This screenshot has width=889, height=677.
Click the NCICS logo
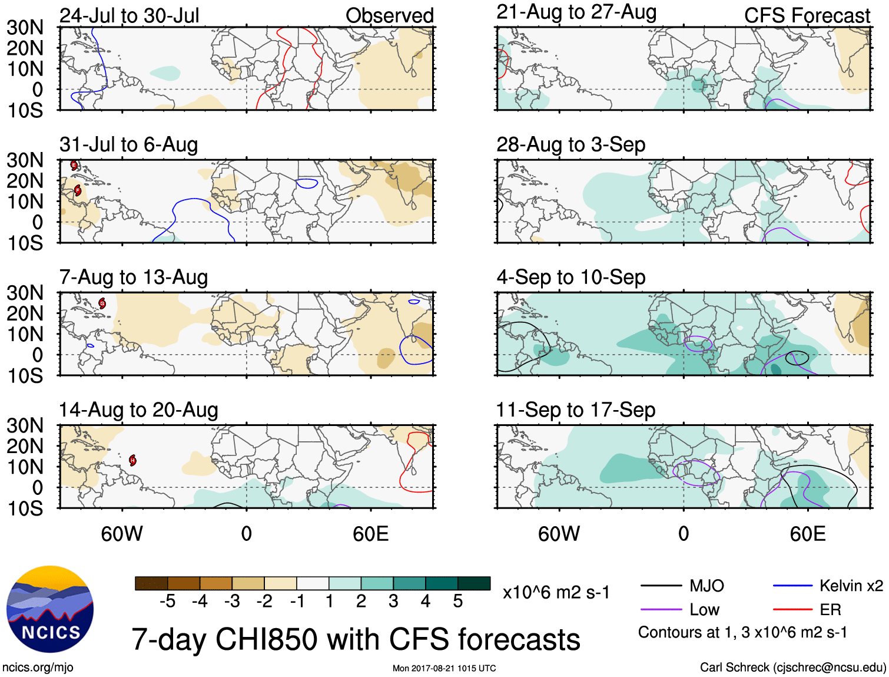point(50,609)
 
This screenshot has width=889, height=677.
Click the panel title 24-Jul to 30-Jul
point(130,15)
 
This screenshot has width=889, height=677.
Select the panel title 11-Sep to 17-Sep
point(575,409)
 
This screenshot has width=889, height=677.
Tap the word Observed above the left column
point(389,15)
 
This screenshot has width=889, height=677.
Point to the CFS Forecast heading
point(807,15)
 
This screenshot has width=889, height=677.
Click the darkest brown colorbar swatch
point(151,583)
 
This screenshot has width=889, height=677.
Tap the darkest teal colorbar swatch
point(474,583)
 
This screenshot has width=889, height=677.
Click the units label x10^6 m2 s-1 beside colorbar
point(556,592)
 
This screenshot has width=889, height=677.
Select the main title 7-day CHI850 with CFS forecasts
point(356,639)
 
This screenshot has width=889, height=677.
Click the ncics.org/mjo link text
point(38,668)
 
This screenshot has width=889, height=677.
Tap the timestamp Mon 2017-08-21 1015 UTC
point(444,668)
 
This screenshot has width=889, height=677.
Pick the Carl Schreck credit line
point(792,667)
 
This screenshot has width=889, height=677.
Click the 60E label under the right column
point(807,534)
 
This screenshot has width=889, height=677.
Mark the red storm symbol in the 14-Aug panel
point(133,460)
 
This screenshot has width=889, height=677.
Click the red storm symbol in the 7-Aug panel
point(102,303)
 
